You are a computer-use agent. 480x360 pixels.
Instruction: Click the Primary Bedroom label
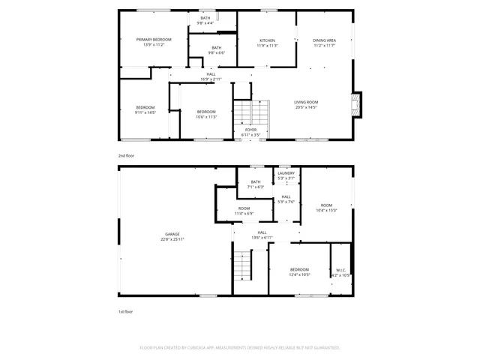point(153,39)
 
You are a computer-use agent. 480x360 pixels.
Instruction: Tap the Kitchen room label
point(267,40)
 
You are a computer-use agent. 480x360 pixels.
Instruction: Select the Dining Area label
point(324,40)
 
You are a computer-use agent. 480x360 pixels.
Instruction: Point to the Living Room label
point(305,102)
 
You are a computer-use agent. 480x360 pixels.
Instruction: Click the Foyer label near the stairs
point(250,130)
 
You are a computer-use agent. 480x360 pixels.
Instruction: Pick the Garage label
point(172,234)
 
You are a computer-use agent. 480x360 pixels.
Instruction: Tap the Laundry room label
point(286,173)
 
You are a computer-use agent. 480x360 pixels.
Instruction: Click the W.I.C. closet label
point(340,271)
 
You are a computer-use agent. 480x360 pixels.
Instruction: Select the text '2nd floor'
point(125,155)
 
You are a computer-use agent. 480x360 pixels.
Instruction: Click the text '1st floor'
point(125,310)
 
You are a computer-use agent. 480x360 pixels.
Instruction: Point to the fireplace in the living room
point(357,105)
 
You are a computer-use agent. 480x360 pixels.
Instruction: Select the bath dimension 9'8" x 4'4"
point(205,23)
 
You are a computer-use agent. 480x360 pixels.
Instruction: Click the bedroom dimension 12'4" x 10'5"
point(299,274)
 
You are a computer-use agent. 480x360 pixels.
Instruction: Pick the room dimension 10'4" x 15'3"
point(326,210)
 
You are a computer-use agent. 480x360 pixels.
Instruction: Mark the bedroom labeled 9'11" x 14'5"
point(145,112)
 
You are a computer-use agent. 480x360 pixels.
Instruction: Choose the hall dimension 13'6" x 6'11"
point(262,238)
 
